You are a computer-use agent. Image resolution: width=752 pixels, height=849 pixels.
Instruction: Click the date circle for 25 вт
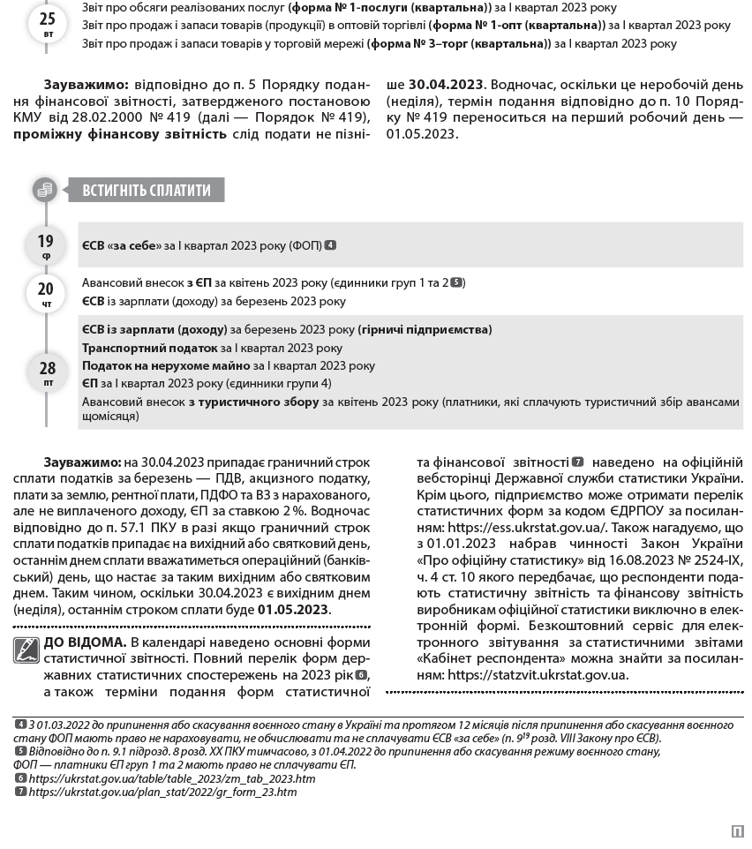[x=47, y=23]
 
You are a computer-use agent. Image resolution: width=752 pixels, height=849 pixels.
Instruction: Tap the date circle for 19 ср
[x=46, y=246]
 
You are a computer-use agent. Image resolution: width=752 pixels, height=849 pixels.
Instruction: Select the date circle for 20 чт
[x=46, y=292]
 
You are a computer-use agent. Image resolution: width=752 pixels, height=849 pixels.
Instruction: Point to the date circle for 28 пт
[x=48, y=372]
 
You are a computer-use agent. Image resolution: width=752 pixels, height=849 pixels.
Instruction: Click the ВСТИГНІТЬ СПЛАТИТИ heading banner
[x=147, y=190]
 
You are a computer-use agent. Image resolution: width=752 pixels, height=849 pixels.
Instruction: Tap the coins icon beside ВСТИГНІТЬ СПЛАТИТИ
[x=45, y=190]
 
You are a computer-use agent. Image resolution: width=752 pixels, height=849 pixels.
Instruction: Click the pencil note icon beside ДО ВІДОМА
[x=26, y=650]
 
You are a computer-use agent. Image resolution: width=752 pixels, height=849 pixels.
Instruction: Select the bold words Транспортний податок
[x=149, y=348]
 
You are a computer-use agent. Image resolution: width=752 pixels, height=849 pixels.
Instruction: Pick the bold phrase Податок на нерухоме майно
[x=166, y=365]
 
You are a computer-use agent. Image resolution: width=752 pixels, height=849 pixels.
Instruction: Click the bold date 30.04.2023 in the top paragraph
[x=446, y=85]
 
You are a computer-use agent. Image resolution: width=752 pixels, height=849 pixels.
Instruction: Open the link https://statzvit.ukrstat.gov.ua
[x=538, y=675]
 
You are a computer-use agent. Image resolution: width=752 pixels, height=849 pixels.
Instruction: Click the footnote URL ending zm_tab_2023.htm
[x=172, y=778]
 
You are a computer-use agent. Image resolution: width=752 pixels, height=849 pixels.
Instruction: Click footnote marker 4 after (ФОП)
[x=330, y=245]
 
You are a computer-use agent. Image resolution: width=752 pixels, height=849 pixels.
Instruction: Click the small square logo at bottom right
[x=737, y=830]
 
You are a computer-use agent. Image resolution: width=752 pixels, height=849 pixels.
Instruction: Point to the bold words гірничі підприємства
[x=425, y=329]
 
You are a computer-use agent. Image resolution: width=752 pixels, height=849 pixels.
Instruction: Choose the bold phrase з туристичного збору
[x=253, y=402]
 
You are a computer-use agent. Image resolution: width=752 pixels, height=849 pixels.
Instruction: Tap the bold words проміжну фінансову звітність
[x=120, y=134]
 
